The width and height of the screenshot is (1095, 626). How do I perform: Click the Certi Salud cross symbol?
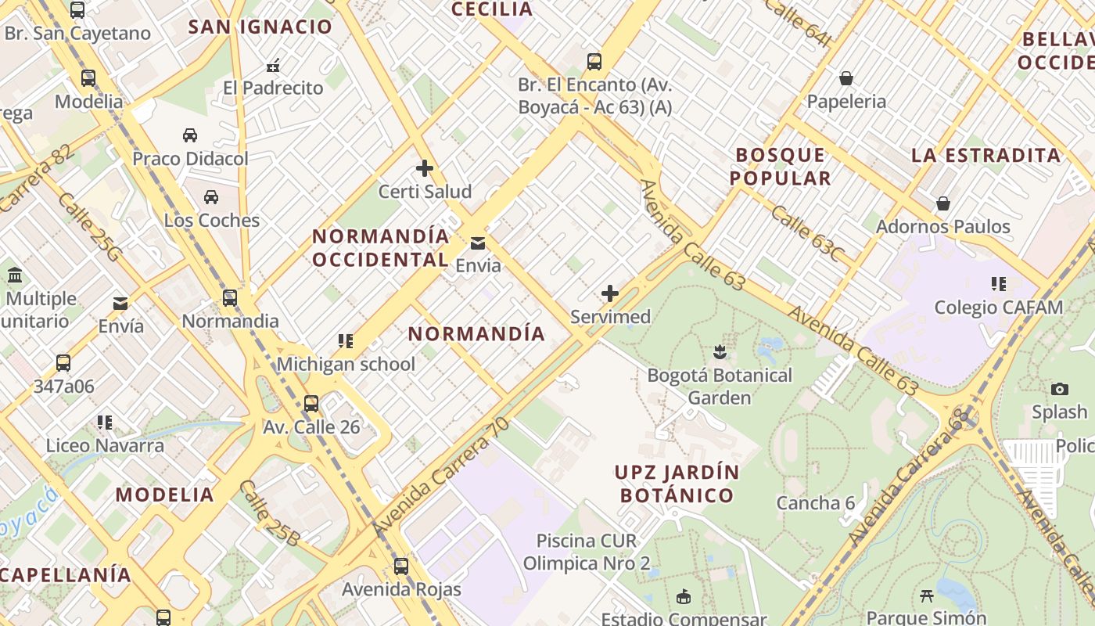point(425,168)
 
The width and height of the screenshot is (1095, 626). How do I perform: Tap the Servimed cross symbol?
point(610,294)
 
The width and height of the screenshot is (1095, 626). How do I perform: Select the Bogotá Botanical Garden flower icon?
point(720,352)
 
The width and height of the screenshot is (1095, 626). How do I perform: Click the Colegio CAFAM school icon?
point(998,283)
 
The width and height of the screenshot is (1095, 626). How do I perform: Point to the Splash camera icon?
point(1060,389)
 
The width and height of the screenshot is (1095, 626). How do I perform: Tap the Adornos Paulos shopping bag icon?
point(943,203)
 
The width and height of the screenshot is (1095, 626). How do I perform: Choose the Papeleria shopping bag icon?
point(845,78)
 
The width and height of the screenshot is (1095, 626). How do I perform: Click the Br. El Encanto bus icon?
point(594,61)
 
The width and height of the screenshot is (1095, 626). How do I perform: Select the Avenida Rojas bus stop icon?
point(401,566)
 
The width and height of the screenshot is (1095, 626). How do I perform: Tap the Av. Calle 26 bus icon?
point(311,404)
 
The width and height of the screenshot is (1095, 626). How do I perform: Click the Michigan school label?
point(346,364)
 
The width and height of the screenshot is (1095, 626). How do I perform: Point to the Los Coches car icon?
point(211,196)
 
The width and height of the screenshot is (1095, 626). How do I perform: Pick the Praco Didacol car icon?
point(190,135)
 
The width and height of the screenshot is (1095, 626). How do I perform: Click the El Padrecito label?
point(273,88)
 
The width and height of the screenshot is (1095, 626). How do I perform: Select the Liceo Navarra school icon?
point(105,423)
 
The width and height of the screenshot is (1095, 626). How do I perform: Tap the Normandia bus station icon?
point(230,298)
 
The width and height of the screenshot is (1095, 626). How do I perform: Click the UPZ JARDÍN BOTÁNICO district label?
point(677,484)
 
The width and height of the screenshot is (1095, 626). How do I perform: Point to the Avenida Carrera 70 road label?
point(441,477)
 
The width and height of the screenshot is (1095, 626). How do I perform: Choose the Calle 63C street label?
point(807,234)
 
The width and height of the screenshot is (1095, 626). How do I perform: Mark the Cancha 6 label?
point(815,503)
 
